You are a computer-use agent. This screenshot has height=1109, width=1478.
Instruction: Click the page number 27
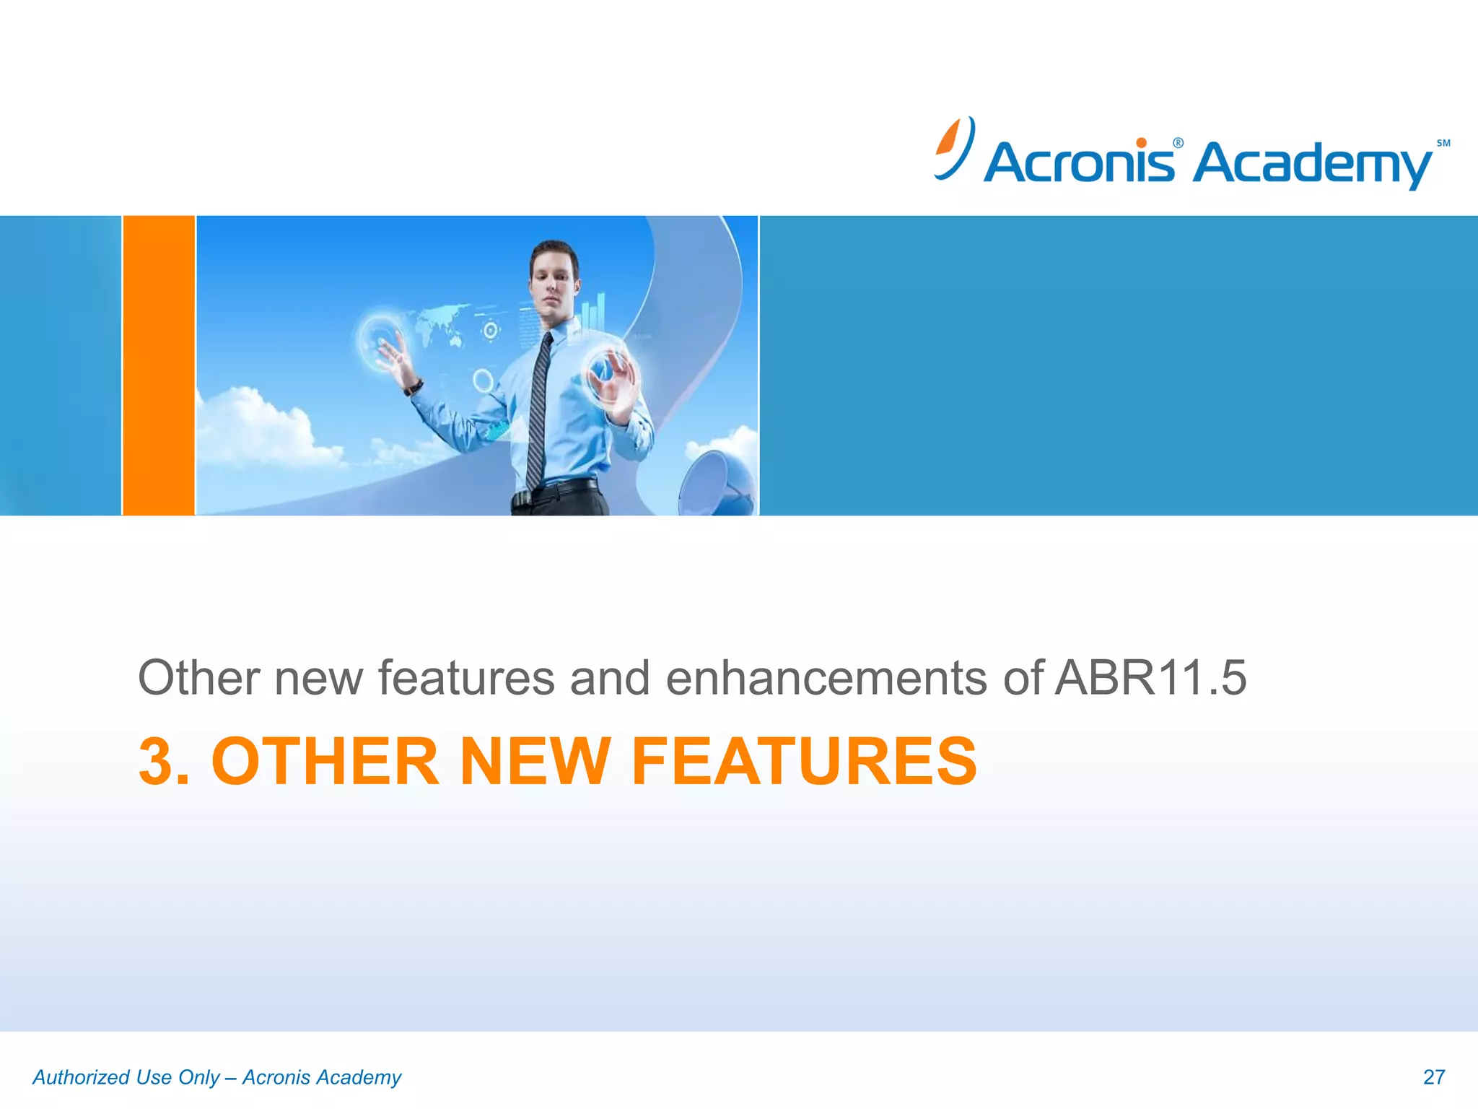[1433, 1077]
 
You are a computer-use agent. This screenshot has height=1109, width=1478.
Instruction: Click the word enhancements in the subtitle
[826, 678]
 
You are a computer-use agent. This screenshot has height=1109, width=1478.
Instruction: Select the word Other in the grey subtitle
[198, 678]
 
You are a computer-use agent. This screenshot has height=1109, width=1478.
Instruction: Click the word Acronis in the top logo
[1078, 162]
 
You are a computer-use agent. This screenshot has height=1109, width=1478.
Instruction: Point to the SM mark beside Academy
[1443, 143]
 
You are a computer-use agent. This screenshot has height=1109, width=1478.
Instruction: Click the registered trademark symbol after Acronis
[1178, 143]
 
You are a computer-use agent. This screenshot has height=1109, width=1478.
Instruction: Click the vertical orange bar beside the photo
[159, 365]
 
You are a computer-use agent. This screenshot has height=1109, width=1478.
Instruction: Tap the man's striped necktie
[538, 412]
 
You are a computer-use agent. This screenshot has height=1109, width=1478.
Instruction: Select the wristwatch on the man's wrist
[414, 387]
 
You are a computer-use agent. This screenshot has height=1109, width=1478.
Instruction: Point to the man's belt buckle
[521, 498]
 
